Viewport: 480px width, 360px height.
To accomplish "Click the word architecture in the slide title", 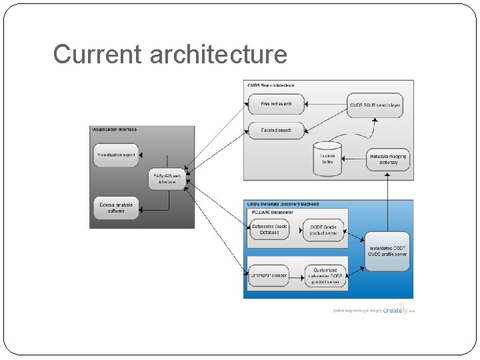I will coord(218,55).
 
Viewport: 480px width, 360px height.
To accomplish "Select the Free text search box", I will coord(276,104).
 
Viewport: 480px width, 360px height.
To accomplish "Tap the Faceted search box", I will coord(276,130).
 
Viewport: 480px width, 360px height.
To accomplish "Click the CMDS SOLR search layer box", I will coord(375,105).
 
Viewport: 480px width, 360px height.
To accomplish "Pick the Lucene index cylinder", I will coord(327,159).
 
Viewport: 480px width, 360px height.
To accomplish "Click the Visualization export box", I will coord(116,155).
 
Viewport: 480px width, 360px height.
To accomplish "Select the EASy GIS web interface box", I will coord(167,179).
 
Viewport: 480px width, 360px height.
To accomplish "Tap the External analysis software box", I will coord(116,208).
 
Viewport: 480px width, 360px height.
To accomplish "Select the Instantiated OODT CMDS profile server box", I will coord(387,252).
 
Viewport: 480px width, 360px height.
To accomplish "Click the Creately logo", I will coord(397,310).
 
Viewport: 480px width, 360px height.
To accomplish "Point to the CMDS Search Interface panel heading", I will coord(271,85).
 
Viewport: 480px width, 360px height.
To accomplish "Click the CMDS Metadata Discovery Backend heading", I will coord(283,204).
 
